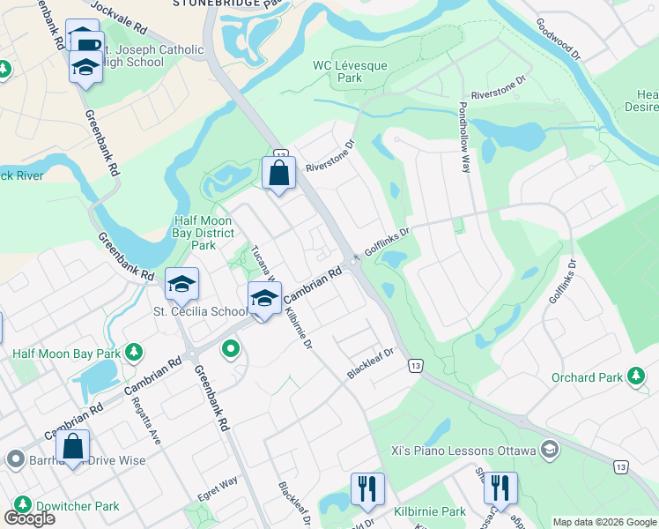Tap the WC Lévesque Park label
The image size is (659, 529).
tap(337, 71)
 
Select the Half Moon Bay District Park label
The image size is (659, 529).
tap(204, 233)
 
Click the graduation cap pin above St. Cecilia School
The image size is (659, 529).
tap(182, 284)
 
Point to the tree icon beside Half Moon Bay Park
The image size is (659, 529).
tap(133, 354)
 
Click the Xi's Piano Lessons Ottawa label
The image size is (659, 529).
tap(463, 451)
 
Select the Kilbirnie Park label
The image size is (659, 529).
tap(431, 511)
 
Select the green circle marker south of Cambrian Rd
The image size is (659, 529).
tap(231, 350)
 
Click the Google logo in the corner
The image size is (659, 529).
tap(29, 518)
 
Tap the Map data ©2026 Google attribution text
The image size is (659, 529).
tap(605, 522)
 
